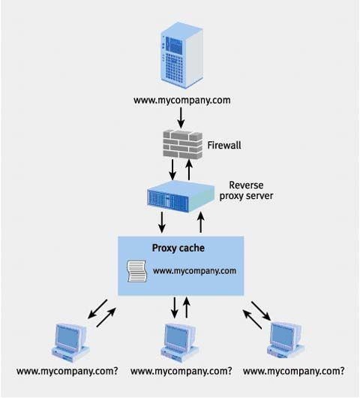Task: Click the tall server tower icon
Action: click(182, 55)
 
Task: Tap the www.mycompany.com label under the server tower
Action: click(182, 101)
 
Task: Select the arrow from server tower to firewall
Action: click(181, 118)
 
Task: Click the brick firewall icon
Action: click(182, 144)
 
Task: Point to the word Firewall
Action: click(224, 145)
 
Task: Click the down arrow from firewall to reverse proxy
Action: click(172, 170)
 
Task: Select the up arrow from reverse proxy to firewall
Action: click(189, 170)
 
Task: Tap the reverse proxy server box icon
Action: click(181, 197)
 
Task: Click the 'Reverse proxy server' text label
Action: click(246, 191)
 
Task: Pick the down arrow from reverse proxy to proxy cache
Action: click(162, 222)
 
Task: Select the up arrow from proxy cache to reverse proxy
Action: click(201, 222)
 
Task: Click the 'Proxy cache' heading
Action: click(178, 248)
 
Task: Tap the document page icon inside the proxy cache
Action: click(137, 271)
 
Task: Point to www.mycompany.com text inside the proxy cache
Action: click(195, 271)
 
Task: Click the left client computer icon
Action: click(70, 342)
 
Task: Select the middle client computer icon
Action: click(179, 342)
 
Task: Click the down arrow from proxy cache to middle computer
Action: click(175, 307)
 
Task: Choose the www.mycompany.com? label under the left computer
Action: click(67, 372)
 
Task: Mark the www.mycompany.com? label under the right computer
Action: click(294, 372)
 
